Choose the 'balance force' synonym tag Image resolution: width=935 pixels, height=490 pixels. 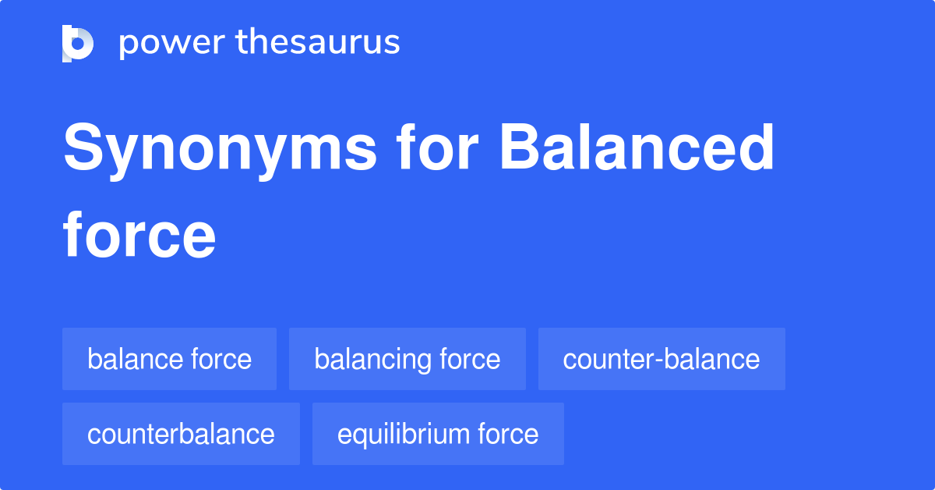[x=169, y=359]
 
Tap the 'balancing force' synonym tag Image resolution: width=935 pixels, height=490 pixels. [x=407, y=359]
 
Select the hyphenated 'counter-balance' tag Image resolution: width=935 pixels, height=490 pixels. [x=661, y=359]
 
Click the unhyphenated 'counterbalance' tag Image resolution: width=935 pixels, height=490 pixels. [x=181, y=434]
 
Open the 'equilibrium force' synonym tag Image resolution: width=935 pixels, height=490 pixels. [x=437, y=434]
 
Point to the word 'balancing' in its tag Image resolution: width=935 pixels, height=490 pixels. [x=373, y=360]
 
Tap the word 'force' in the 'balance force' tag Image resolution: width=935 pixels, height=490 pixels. [x=221, y=359]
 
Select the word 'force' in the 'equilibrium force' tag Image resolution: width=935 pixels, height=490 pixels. [x=508, y=434]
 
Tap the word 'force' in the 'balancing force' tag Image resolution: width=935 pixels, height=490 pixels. [x=470, y=359]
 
